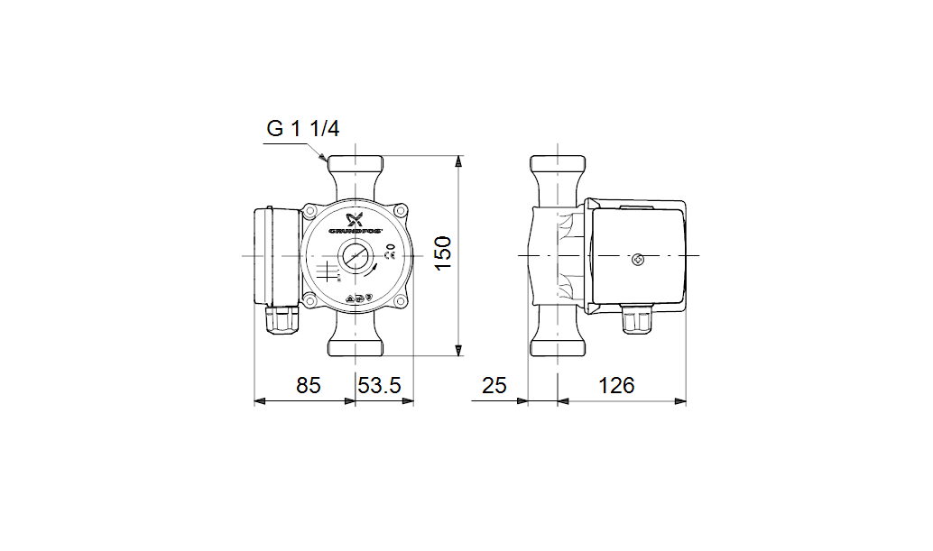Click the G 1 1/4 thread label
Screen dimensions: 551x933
[x=302, y=129]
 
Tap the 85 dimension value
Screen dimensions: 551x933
[x=309, y=386]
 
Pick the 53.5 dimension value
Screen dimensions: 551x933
[x=379, y=386]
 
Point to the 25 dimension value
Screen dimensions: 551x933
[x=494, y=386]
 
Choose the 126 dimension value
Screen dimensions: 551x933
[x=616, y=386]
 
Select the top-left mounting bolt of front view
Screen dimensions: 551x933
[x=310, y=212]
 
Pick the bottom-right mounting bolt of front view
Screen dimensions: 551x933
[x=401, y=301]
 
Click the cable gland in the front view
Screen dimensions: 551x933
[x=282, y=318]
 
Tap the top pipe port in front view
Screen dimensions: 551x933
[x=356, y=168]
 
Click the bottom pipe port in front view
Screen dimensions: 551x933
[x=356, y=345]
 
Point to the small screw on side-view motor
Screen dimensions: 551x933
[x=640, y=261]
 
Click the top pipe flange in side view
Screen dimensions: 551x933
[x=559, y=167]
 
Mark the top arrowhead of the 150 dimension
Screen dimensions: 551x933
[x=459, y=162]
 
